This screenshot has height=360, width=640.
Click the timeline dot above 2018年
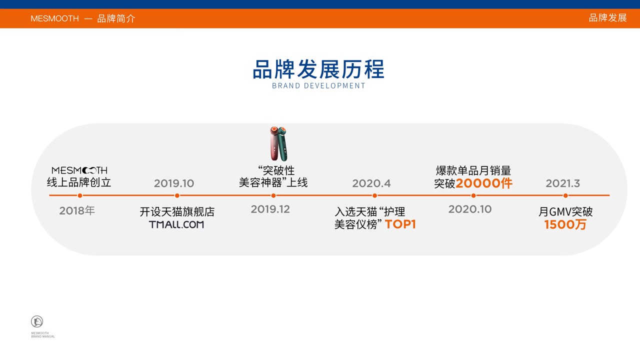point(80,195)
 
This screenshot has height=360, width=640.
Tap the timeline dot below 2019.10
point(177,195)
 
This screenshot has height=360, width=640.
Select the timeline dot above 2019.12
point(273,195)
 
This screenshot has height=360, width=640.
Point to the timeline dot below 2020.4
point(374,195)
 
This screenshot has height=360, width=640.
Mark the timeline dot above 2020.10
point(473,195)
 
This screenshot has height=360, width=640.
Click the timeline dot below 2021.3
point(565,195)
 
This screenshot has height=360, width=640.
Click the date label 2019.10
point(174,183)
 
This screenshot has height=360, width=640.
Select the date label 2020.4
point(371,183)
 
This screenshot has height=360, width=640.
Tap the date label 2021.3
point(563,183)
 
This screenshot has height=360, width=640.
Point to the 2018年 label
point(77,211)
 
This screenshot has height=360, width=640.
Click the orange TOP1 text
point(400,224)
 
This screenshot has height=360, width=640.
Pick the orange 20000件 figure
point(484,183)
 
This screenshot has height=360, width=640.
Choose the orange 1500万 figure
point(565,225)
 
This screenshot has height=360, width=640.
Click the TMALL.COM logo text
point(176,224)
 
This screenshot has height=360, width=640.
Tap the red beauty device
point(274,143)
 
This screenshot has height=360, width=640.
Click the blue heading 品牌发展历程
point(318,69)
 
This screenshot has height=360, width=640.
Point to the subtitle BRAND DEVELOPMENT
point(318,85)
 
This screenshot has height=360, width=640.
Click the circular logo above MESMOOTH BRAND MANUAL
point(37,321)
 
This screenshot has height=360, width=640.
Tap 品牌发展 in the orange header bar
point(607,18)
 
